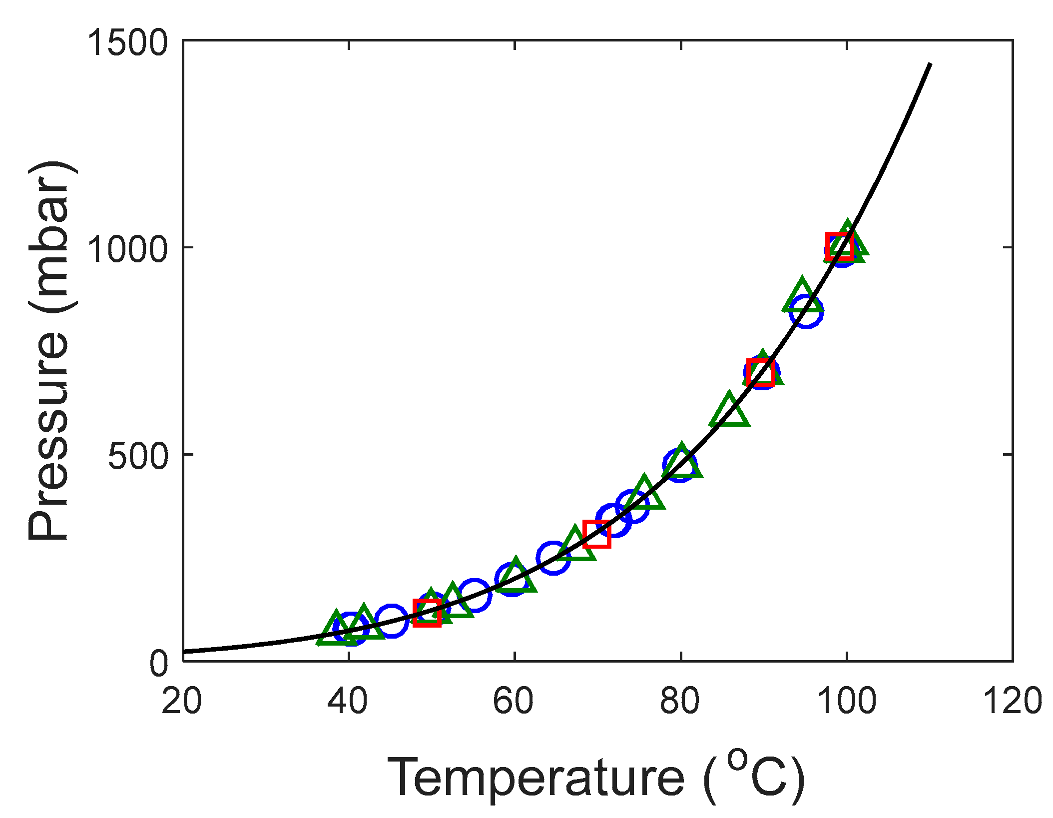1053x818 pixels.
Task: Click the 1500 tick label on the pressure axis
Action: pos(128,43)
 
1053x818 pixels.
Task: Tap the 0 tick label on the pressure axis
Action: pos(159,664)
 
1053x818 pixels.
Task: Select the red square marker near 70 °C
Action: pos(597,534)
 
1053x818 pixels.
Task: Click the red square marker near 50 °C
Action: pos(427,613)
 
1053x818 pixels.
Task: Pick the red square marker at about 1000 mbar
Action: pos(840,246)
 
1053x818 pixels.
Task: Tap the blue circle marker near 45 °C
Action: pos(391,621)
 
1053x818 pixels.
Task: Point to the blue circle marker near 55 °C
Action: pos(474,595)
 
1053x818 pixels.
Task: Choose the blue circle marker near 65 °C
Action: pos(553,558)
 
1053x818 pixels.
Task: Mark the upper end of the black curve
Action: pos(930,64)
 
